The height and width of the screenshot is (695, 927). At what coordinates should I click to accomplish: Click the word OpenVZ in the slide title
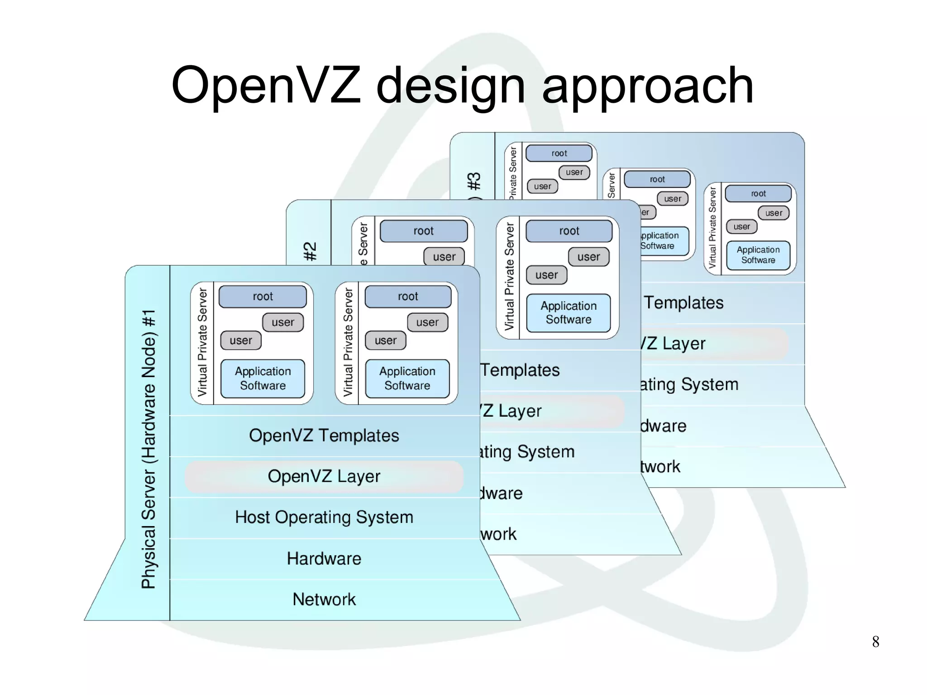pos(266,86)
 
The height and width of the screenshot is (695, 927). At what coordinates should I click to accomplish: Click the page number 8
pos(875,642)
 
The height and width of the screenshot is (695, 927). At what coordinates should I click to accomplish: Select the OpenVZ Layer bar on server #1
pos(324,476)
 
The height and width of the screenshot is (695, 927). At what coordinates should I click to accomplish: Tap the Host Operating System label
pos(324,517)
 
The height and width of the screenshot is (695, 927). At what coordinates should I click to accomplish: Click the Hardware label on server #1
pos(324,559)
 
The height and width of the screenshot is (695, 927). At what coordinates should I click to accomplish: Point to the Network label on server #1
pos(324,599)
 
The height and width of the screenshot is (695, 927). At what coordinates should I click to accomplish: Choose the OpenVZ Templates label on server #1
pos(324,436)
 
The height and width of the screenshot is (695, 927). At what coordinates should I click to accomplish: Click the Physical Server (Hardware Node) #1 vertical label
pos(148,448)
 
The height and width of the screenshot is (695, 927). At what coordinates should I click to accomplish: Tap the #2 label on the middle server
pos(310,251)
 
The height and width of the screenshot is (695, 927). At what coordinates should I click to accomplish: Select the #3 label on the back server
pos(474,181)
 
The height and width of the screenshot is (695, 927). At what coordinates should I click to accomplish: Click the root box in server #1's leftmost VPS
pos(263,297)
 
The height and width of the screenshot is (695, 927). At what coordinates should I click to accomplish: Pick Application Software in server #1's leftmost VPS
pos(263,379)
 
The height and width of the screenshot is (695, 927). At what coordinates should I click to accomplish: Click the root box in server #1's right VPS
pos(408,297)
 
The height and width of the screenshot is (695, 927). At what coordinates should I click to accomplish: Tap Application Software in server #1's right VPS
pos(407,379)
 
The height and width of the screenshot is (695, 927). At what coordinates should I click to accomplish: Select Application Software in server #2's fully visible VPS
pos(569,313)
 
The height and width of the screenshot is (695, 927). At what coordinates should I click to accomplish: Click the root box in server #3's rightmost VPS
pos(758,194)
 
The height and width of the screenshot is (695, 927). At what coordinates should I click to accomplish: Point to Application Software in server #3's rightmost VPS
pos(758,255)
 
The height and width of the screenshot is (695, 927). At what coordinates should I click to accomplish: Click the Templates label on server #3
pos(683,303)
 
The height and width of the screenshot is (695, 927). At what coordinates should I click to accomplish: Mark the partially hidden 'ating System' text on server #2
pos(527,452)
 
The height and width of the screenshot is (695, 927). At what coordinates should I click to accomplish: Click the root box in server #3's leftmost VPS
pos(559,153)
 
